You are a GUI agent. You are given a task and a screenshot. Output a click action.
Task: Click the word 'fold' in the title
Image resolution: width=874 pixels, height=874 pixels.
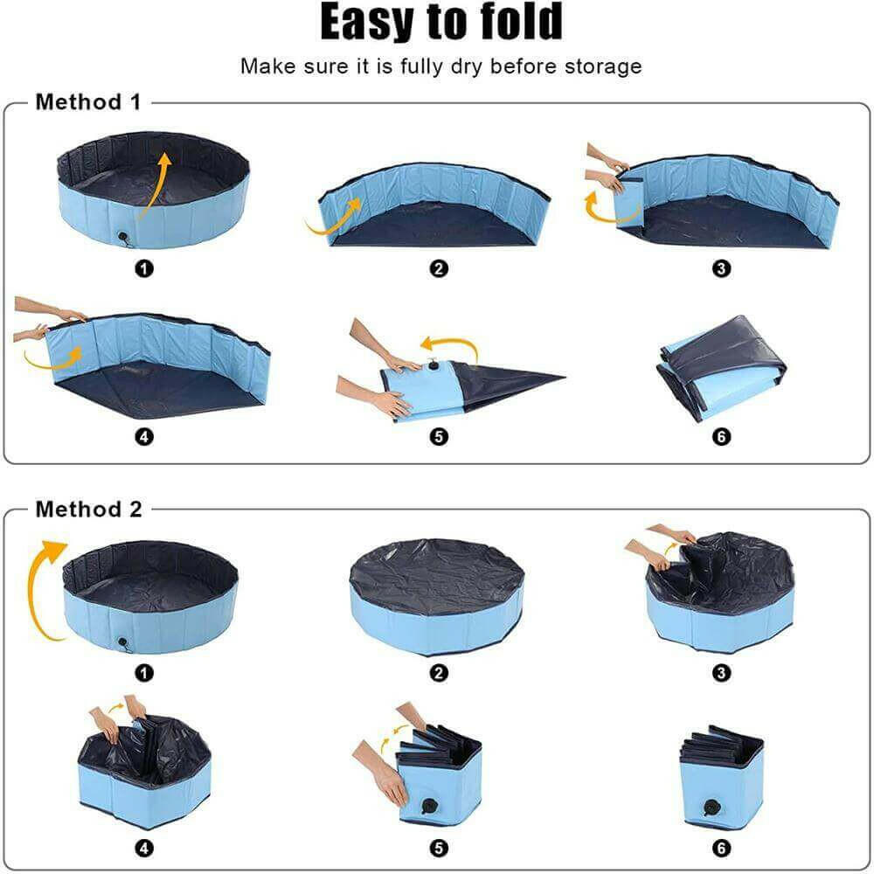[514, 24]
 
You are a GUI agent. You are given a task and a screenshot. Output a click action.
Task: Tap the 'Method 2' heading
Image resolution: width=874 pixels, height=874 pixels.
[88, 510]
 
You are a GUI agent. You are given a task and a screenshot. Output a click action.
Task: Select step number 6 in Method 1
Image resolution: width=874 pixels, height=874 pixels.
[722, 437]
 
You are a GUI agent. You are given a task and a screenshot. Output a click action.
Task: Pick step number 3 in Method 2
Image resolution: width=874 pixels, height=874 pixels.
[722, 673]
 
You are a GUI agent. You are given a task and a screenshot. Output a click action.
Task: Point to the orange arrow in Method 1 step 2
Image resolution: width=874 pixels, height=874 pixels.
[334, 218]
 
